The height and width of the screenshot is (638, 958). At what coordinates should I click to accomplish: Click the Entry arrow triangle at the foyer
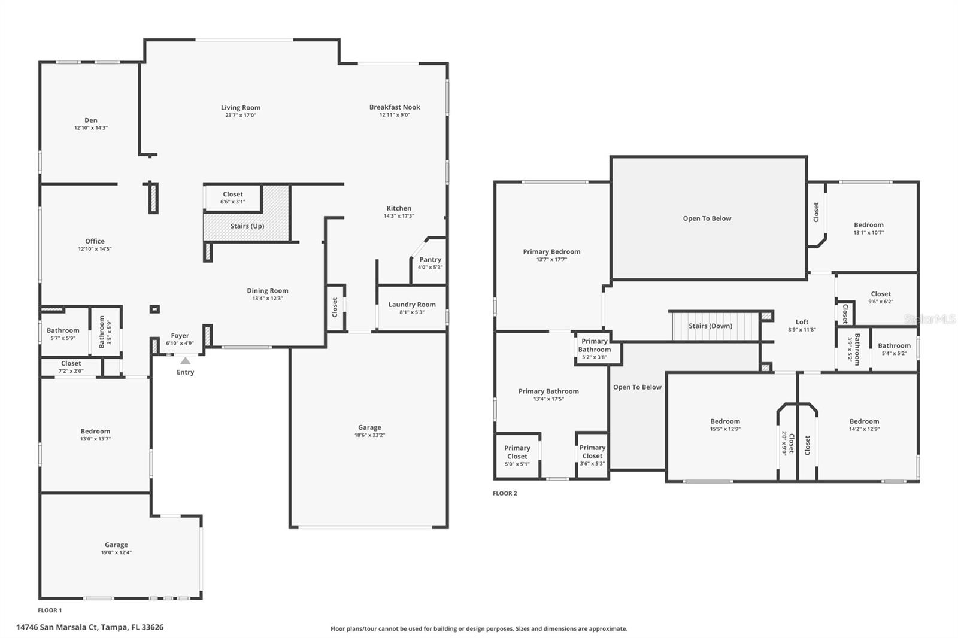point(186,361)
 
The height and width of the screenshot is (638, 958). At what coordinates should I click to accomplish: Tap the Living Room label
point(241,108)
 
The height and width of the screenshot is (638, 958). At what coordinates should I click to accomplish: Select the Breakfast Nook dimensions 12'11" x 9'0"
point(395,115)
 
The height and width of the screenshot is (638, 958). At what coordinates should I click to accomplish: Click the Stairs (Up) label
point(247,226)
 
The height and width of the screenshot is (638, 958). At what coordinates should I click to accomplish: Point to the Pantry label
point(430,260)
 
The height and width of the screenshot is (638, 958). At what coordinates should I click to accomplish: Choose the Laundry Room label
point(412,305)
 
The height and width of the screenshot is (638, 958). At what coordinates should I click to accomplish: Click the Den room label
point(91,120)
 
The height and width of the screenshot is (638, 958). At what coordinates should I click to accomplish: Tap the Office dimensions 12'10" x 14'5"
point(95,249)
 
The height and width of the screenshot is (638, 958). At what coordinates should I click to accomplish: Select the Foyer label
point(180,336)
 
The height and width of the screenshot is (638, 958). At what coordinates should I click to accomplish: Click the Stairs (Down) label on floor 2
point(710,326)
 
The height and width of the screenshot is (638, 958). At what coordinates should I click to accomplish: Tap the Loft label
point(802,322)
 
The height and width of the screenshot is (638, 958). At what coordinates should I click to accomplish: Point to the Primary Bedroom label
point(551,252)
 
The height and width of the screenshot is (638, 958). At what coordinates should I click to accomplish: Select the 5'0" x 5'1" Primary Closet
point(517,455)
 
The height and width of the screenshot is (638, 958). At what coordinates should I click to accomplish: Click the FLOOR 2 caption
point(505,493)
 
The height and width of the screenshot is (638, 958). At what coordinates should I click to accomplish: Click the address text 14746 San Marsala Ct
point(90,627)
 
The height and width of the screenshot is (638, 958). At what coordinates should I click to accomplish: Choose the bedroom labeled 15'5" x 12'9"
point(725,425)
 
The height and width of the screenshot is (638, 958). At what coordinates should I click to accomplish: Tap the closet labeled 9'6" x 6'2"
point(881,297)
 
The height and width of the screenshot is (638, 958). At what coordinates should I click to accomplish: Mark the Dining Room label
point(268,291)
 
